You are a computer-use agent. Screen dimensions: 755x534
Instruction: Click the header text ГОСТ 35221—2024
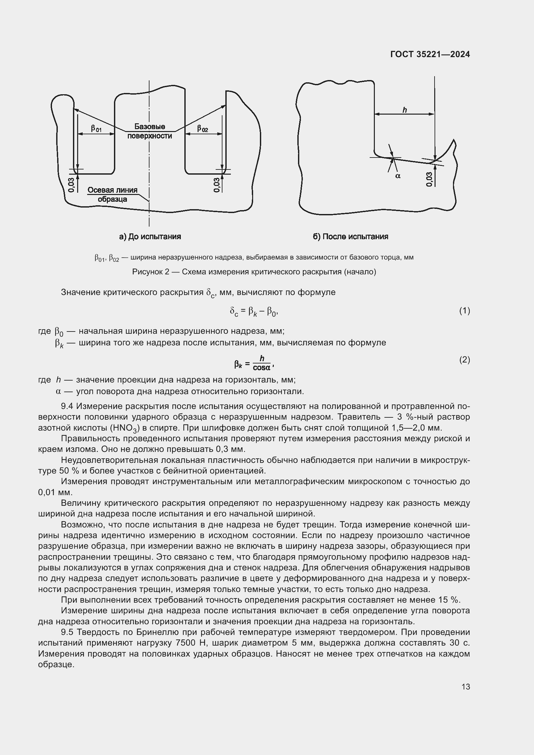430,54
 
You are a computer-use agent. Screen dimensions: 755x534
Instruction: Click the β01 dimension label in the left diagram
96,128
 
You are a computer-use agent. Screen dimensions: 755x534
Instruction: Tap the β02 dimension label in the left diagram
202,128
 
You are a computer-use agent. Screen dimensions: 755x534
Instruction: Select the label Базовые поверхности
149,131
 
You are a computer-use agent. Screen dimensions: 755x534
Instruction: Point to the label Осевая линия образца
112,195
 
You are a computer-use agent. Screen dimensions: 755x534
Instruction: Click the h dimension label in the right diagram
405,110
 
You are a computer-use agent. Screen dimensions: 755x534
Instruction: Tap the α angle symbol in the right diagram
398,176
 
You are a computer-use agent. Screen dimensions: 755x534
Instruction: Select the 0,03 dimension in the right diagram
429,179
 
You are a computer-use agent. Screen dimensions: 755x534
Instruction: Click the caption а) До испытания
150,236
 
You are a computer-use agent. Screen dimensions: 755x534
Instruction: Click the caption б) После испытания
351,236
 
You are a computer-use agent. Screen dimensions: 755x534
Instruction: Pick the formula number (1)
464,311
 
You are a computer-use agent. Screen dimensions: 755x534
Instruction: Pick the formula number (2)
464,360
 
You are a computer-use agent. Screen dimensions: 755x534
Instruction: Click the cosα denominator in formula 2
262,368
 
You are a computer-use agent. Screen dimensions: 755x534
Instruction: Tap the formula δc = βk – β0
254,311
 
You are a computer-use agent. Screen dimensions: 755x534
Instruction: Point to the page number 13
466,687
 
